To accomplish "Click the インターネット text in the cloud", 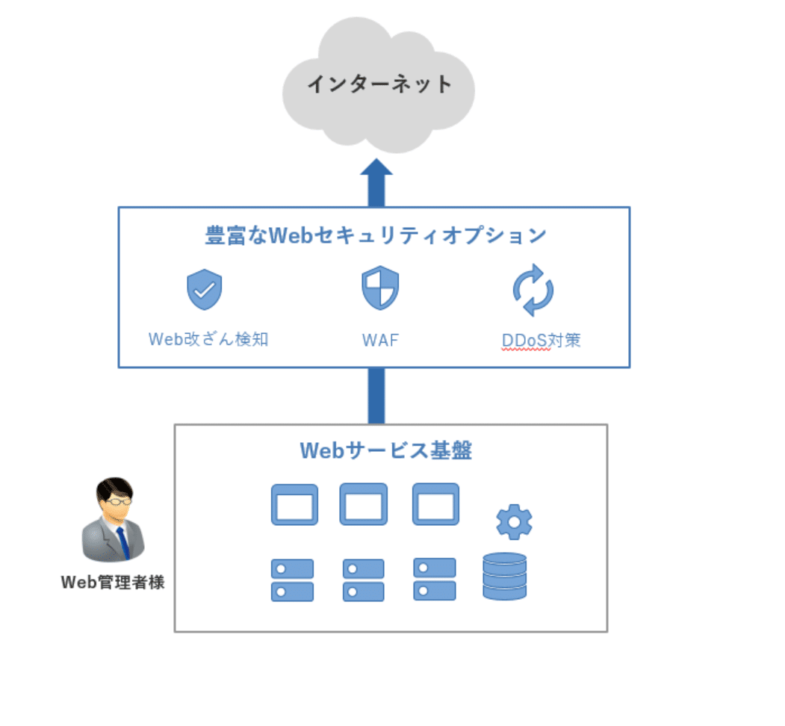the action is (380, 84).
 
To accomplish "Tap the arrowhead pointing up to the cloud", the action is (376, 168).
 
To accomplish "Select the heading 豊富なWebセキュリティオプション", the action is (376, 235).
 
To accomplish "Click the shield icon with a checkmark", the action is (204, 289).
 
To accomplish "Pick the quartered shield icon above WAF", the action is (380, 288).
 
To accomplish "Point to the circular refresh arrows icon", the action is (533, 291).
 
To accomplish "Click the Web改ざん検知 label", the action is (208, 339).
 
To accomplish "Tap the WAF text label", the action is (380, 341).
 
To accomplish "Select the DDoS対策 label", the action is (542, 341).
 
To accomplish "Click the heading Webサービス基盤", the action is (386, 450).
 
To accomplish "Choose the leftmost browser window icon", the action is (294, 505).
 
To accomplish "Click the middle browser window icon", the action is (364, 504).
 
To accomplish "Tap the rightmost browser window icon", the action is (435, 504).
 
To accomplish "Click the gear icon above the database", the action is (514, 522).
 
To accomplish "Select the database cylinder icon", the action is (505, 576).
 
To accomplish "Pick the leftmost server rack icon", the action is (292, 580).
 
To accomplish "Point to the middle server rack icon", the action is (364, 580).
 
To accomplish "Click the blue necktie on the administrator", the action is (123, 543).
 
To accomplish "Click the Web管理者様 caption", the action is (113, 583).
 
